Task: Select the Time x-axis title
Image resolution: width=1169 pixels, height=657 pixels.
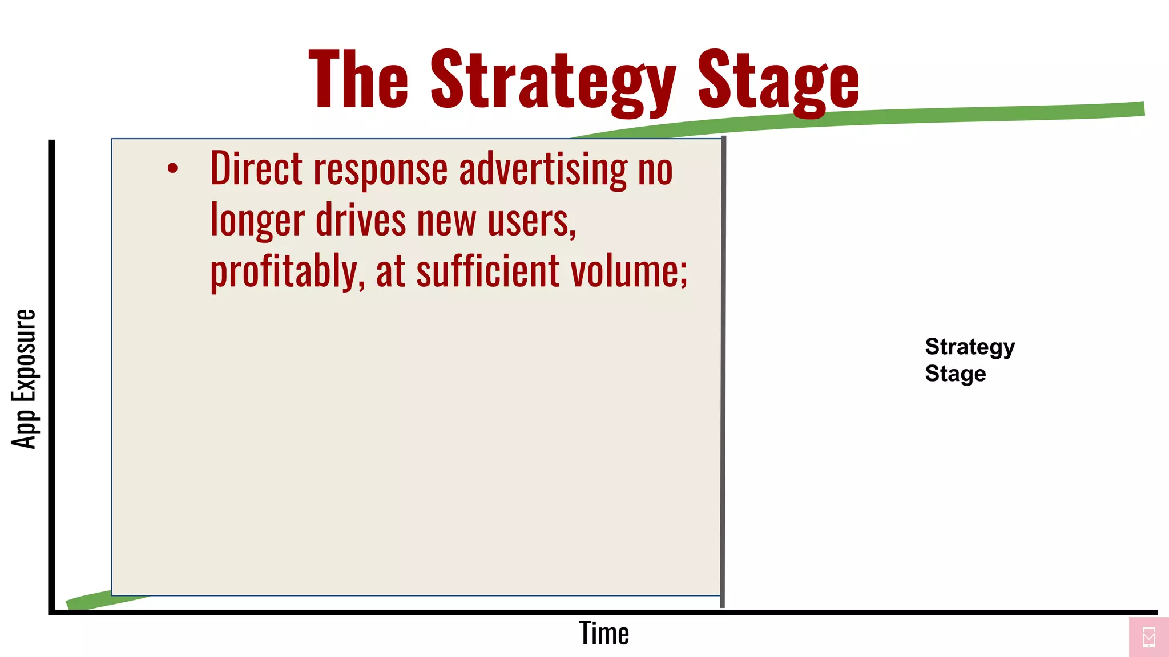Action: pos(604,634)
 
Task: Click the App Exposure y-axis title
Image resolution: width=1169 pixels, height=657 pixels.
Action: pos(24,379)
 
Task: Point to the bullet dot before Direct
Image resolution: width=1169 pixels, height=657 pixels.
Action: pos(172,168)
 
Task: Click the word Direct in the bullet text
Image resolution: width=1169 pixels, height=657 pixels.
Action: pos(256,169)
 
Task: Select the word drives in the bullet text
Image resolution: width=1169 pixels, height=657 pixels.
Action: pos(361,220)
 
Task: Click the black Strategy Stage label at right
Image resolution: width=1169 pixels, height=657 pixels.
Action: pos(969,360)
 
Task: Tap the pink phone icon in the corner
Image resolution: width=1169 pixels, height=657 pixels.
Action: pos(1148,637)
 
